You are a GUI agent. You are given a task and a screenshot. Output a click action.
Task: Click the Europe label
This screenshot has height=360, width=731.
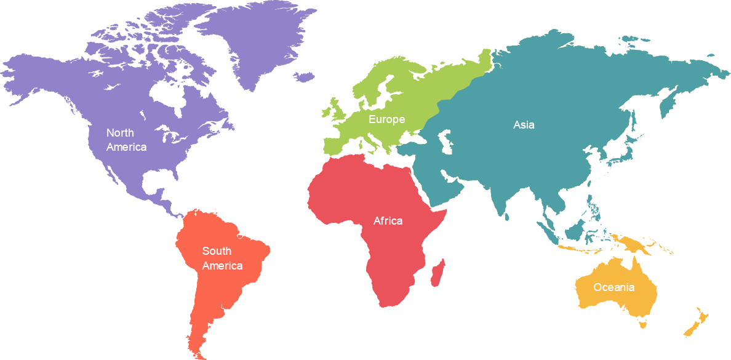[386, 119]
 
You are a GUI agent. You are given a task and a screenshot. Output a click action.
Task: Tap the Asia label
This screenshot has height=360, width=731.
[524, 125]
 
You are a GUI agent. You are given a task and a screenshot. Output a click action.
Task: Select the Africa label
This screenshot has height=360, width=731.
[388, 221]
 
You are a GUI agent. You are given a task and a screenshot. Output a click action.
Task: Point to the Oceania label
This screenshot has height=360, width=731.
[613, 287]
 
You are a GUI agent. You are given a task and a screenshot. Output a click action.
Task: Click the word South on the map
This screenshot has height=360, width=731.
[217, 251]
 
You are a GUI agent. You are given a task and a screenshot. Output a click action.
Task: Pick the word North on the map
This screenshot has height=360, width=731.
[120, 133]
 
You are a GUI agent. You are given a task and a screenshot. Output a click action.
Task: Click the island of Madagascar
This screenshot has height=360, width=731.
[438, 273]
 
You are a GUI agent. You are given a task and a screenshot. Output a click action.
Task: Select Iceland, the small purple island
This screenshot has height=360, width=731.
[304, 77]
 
